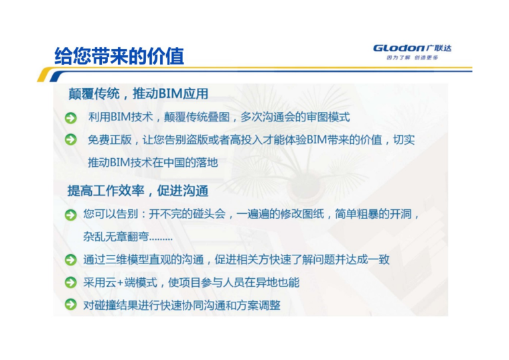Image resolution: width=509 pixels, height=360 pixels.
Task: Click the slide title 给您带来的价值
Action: point(119,56)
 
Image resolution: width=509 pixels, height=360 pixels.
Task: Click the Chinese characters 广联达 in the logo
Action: point(439,48)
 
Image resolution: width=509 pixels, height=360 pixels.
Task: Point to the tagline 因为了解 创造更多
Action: point(413,58)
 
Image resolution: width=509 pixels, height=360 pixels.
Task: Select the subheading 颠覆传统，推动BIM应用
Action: point(138,94)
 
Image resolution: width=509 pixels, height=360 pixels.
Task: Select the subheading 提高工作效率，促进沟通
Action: point(138,190)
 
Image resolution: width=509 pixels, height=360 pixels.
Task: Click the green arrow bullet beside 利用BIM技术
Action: point(71,118)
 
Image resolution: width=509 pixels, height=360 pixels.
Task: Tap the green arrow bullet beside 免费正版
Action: point(71,139)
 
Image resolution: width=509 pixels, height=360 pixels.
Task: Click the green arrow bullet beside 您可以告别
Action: point(71,215)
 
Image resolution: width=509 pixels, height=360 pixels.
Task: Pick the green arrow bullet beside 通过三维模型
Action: point(71,259)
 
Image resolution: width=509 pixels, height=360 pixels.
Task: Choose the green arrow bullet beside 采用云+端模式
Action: point(71,282)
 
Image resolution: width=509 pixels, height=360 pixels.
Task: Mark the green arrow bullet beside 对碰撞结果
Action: point(71,305)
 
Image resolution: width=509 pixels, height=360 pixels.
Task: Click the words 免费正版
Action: point(110,139)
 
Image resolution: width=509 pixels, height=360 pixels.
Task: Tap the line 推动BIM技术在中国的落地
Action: point(153,162)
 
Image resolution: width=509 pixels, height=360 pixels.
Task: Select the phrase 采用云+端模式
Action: point(120,282)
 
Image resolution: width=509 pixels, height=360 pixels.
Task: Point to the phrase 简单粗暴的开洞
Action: point(373,214)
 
